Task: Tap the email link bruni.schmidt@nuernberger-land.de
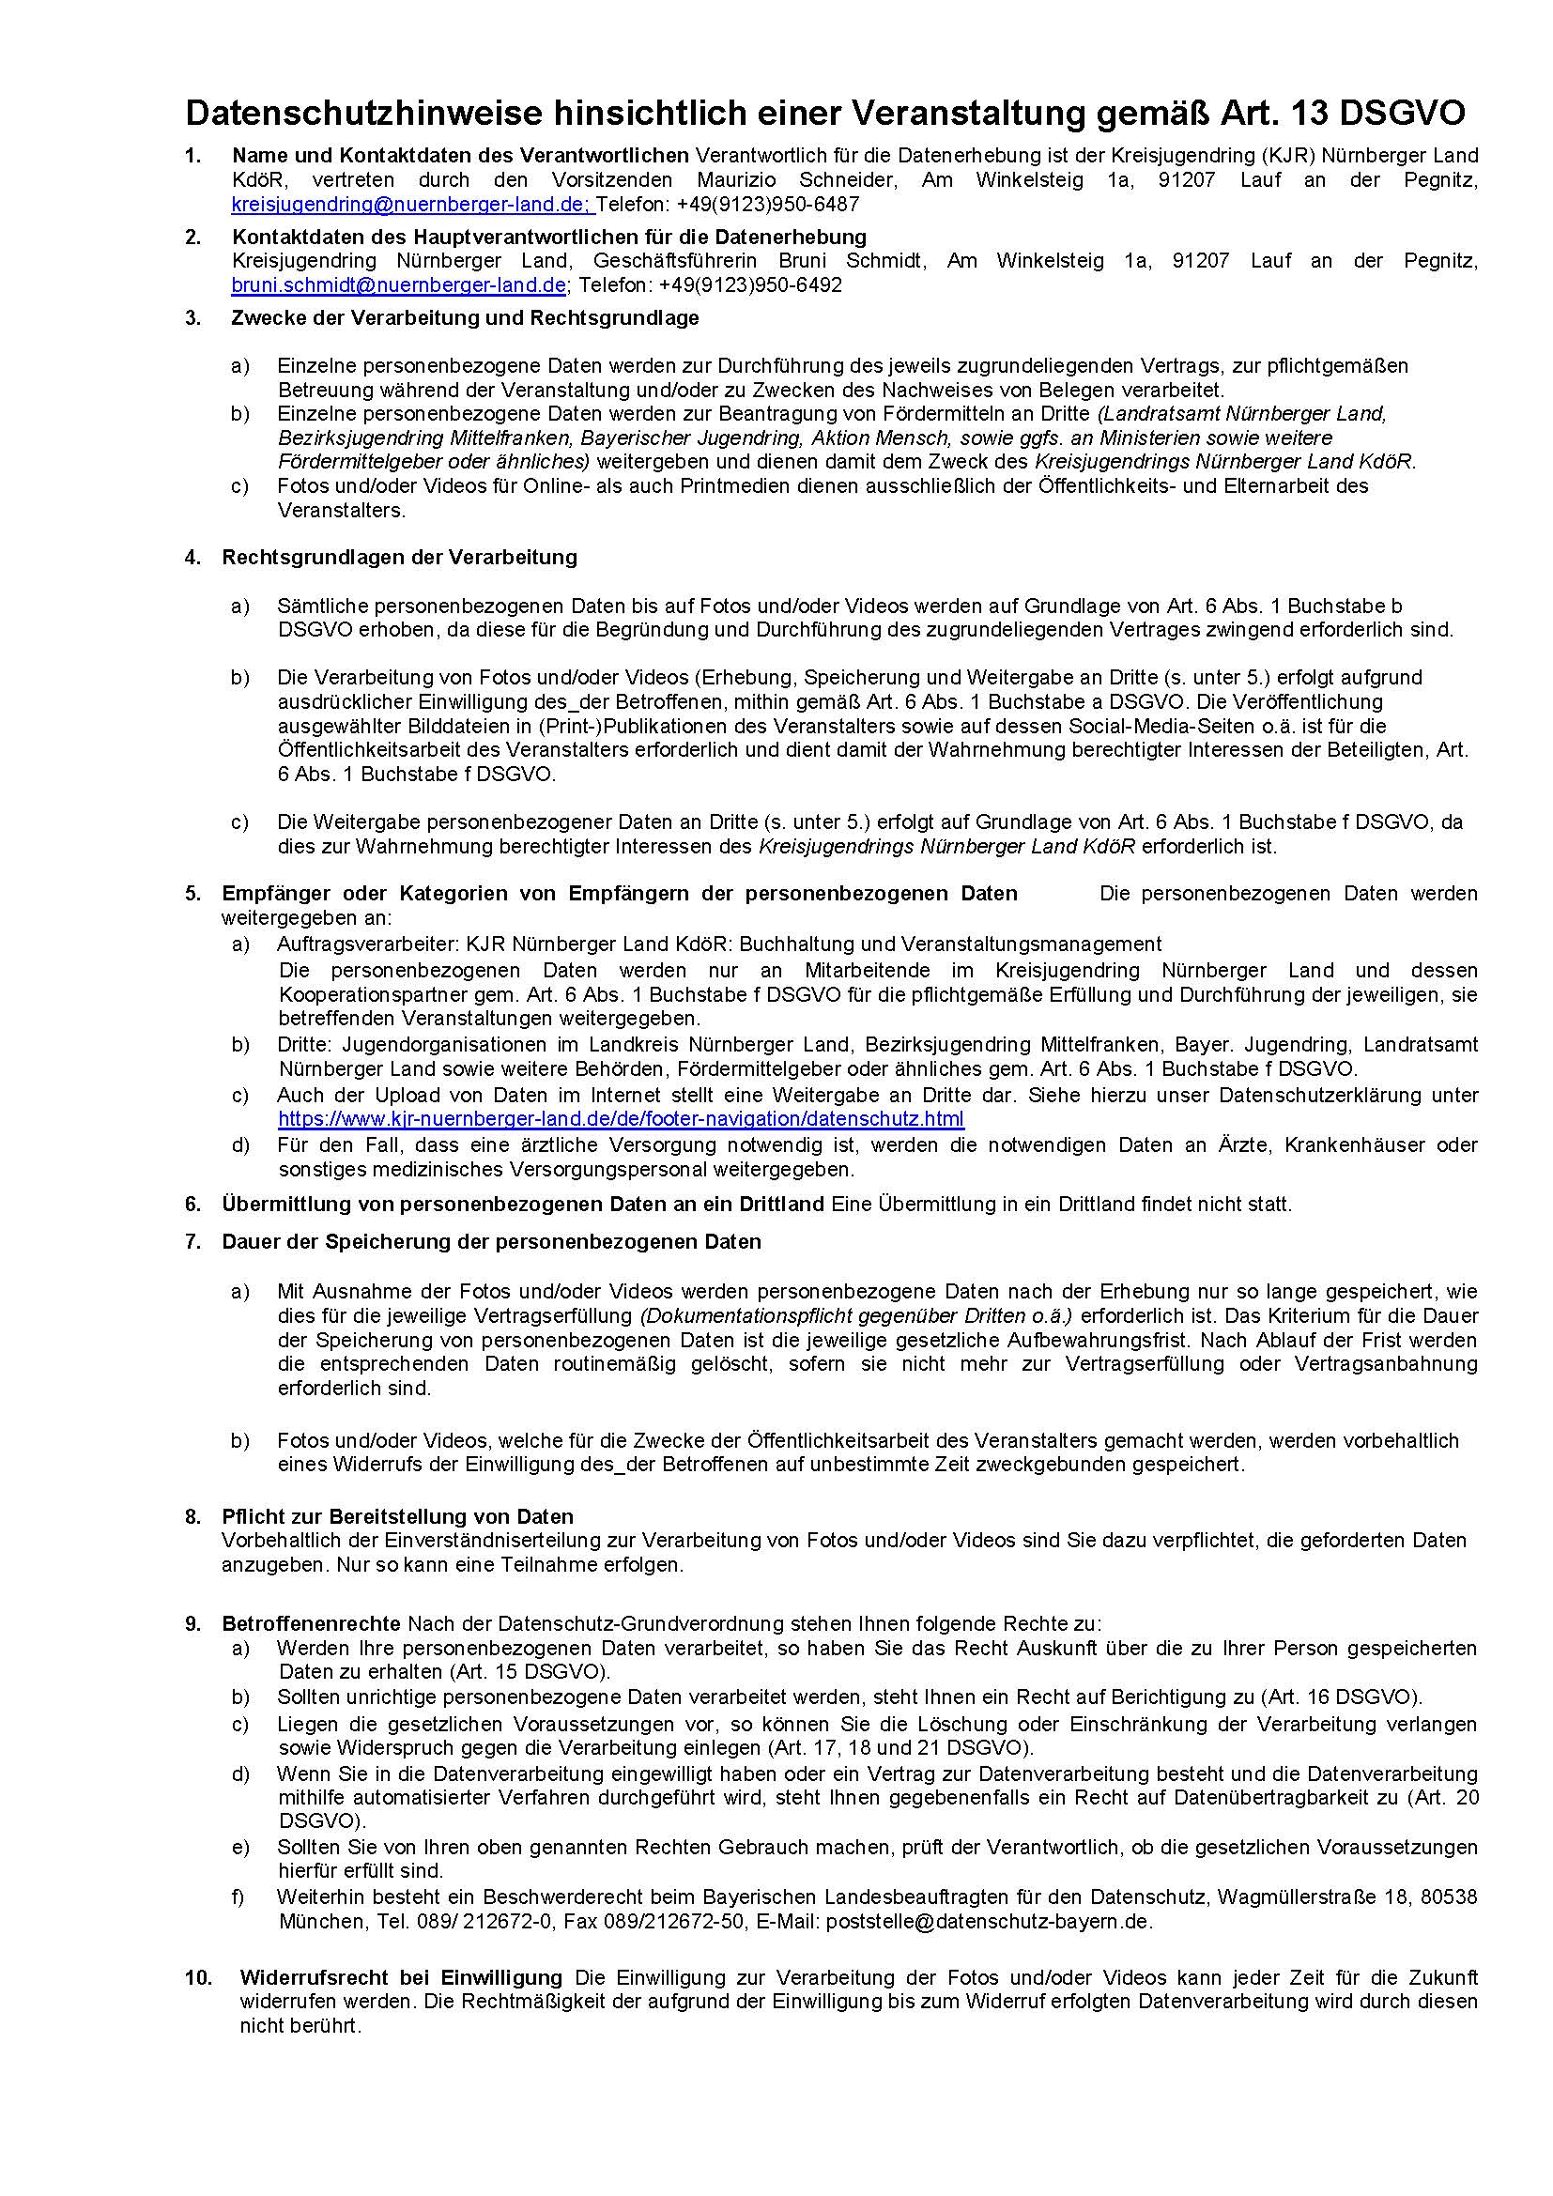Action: [x=399, y=285]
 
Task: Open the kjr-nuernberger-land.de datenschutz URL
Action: [x=621, y=1119]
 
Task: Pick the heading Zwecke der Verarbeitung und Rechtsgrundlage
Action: [x=465, y=317]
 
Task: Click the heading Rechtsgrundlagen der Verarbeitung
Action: [x=400, y=557]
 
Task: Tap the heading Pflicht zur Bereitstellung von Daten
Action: [x=398, y=1517]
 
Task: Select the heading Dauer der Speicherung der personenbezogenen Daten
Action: [x=491, y=1241]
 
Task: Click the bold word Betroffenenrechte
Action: [x=311, y=1623]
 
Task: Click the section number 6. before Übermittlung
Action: [x=193, y=1204]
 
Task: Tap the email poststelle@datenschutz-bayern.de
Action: [x=989, y=1920]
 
